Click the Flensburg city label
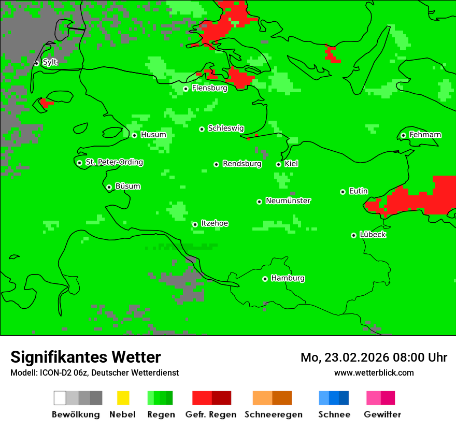click(x=209, y=88)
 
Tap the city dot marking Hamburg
click(x=265, y=279)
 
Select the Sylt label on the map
click(x=50, y=62)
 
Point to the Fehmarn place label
click(x=425, y=135)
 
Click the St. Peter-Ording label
click(x=114, y=162)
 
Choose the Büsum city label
click(x=127, y=187)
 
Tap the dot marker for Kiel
click(x=278, y=164)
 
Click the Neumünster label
click(x=288, y=200)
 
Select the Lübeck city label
click(x=373, y=235)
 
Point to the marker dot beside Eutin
click(x=343, y=192)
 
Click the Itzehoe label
click(x=215, y=223)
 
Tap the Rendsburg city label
click(x=242, y=164)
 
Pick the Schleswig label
click(x=225, y=128)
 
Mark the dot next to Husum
click(x=134, y=135)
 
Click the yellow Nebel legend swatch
click(x=123, y=398)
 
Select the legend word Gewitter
click(x=382, y=414)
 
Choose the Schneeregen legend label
click(x=273, y=414)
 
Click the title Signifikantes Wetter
click(x=85, y=357)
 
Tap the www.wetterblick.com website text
click(x=374, y=372)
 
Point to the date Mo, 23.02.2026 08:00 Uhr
click(x=374, y=357)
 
